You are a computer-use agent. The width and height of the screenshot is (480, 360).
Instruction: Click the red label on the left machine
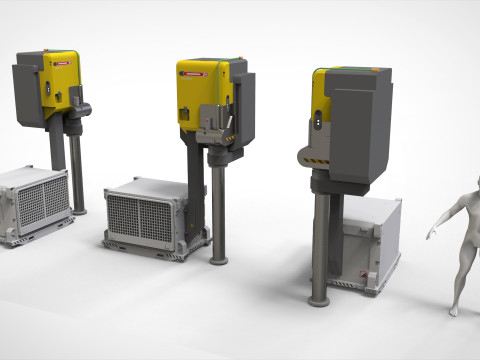(x=63, y=61)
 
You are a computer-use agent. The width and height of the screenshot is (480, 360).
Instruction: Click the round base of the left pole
(x=77, y=211)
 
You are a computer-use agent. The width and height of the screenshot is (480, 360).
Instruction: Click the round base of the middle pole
(x=219, y=260)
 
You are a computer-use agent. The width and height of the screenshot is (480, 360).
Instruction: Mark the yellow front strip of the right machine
(x=318, y=110)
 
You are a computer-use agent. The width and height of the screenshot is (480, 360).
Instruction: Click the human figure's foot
(x=453, y=311)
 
